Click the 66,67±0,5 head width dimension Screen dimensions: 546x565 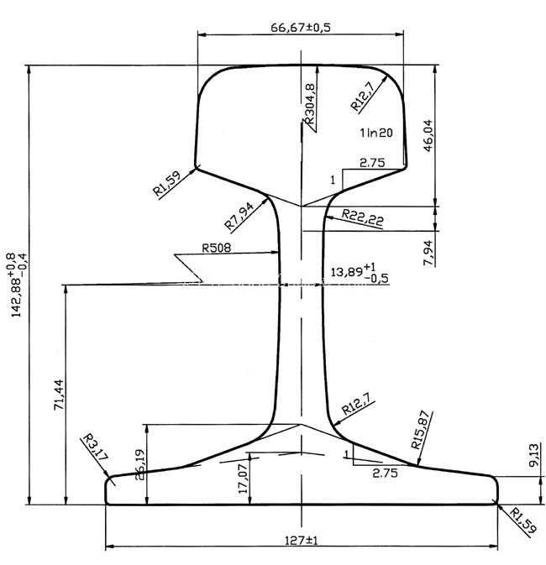pyautogui.click(x=301, y=28)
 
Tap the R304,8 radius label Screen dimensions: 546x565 pyautogui.click(x=310, y=104)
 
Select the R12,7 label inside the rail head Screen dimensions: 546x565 pyautogui.click(x=362, y=96)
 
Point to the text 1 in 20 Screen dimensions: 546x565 pyautogui.click(x=376, y=133)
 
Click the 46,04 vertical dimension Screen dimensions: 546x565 pyautogui.click(x=428, y=135)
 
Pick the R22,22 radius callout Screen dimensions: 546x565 pyautogui.click(x=362, y=217)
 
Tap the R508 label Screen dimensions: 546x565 pyautogui.click(x=216, y=248)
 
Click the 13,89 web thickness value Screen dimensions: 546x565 pyautogui.click(x=347, y=272)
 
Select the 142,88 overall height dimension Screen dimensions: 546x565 pyautogui.click(x=18, y=285)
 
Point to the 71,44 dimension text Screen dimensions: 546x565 pyautogui.click(x=59, y=395)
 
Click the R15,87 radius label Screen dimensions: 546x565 pyautogui.click(x=421, y=430)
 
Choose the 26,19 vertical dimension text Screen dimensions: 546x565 pyautogui.click(x=139, y=464)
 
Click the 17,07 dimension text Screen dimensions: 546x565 pyautogui.click(x=243, y=479)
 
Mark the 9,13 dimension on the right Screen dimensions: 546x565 pyautogui.click(x=534, y=455)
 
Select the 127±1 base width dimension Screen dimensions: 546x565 pyautogui.click(x=302, y=541)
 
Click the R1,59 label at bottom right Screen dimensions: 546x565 pyautogui.click(x=522, y=521)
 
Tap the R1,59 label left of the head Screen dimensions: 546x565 pyautogui.click(x=166, y=184)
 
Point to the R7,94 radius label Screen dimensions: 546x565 pyautogui.click(x=239, y=216)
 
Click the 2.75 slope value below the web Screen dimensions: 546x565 pyautogui.click(x=386, y=473)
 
